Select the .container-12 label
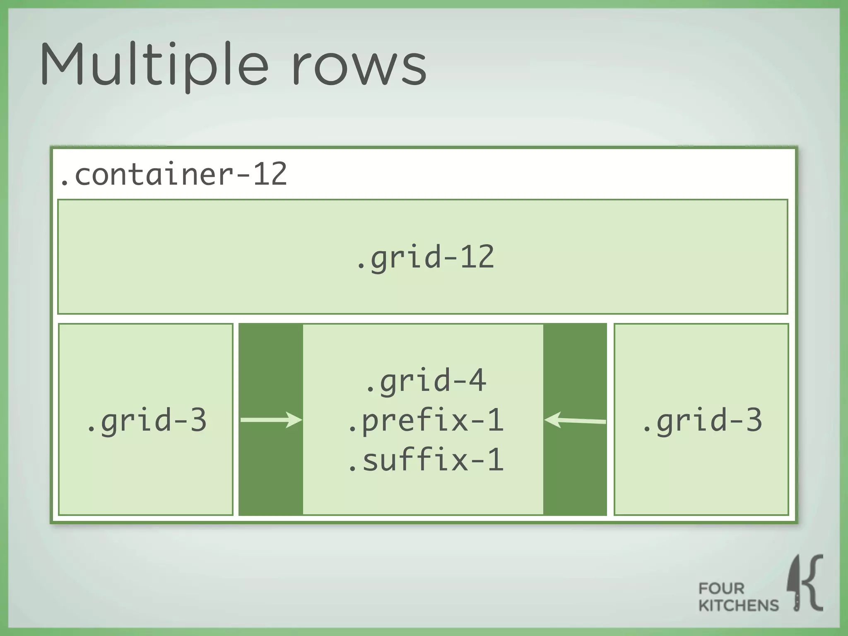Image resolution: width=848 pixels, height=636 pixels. (x=173, y=174)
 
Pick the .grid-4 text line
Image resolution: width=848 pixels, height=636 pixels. (x=425, y=380)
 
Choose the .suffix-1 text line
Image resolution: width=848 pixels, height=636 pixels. (x=425, y=460)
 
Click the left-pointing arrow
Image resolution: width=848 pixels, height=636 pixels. (x=575, y=420)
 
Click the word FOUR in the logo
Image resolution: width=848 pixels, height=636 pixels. (x=721, y=588)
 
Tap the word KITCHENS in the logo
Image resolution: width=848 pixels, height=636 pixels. (x=738, y=605)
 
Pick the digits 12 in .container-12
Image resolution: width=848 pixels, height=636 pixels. (x=270, y=174)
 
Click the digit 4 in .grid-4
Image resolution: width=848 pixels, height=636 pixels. (x=477, y=380)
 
